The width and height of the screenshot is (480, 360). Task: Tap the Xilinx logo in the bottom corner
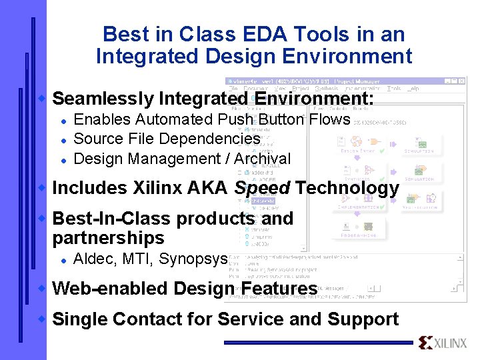(x=443, y=343)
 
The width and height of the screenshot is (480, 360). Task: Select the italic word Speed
(x=262, y=189)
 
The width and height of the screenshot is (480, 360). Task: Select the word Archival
(x=260, y=159)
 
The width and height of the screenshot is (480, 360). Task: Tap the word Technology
(x=347, y=189)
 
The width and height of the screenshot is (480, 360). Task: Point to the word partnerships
(x=108, y=238)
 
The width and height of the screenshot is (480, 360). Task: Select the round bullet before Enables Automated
(x=62, y=120)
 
